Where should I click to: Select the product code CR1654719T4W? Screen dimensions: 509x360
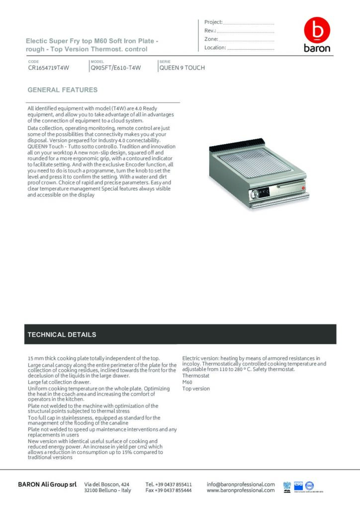point(48,68)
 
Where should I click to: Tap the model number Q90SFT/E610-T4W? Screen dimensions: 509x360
point(115,68)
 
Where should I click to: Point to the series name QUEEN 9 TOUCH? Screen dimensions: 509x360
point(182,68)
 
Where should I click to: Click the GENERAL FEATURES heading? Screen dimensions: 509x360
point(63,90)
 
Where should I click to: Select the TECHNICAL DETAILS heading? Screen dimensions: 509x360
point(62,335)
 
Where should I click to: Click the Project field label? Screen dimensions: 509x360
point(213,22)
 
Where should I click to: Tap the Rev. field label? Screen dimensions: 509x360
point(209,31)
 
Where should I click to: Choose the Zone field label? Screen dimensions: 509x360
point(211,39)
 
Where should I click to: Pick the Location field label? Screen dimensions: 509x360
point(215,48)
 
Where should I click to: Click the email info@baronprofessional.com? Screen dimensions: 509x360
point(241,484)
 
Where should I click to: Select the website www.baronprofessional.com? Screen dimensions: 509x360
point(241,490)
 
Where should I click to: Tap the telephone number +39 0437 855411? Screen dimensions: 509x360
point(169,484)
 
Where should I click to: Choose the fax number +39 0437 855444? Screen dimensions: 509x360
point(169,490)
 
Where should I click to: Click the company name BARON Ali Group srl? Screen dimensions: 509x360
point(47,484)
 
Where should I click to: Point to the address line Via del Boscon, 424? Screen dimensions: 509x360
point(107,484)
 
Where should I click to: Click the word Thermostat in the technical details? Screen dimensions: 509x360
point(196,376)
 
